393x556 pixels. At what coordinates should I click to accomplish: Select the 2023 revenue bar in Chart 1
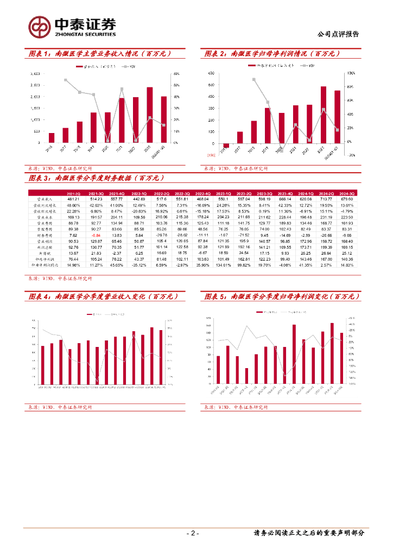point(150,115)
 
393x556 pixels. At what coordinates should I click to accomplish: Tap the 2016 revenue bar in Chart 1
point(52,137)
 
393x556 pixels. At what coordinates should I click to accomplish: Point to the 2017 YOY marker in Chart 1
point(66,80)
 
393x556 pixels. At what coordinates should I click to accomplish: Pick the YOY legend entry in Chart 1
point(131,66)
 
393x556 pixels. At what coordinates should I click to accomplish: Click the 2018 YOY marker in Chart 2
point(253,79)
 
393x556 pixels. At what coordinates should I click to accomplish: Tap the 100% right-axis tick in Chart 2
point(351,73)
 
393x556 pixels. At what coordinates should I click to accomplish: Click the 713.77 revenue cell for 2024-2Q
point(326,200)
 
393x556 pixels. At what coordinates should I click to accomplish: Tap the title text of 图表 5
point(282,296)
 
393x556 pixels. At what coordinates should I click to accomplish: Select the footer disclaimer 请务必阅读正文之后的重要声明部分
point(309,533)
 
